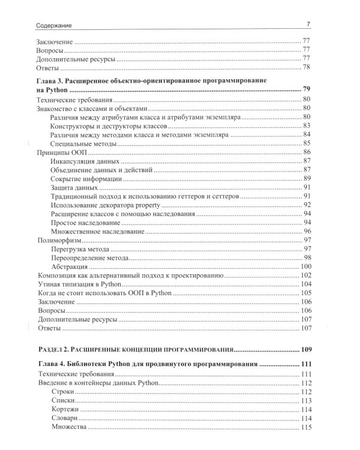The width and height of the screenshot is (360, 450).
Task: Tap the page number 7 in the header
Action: coord(308,24)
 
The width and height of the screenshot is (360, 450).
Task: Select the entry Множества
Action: coord(70,427)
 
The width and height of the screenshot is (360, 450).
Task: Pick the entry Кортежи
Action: coord(66,409)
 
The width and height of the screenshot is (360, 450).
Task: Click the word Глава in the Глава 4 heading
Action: coord(48,364)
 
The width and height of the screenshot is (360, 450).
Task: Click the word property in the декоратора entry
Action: coord(152,205)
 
